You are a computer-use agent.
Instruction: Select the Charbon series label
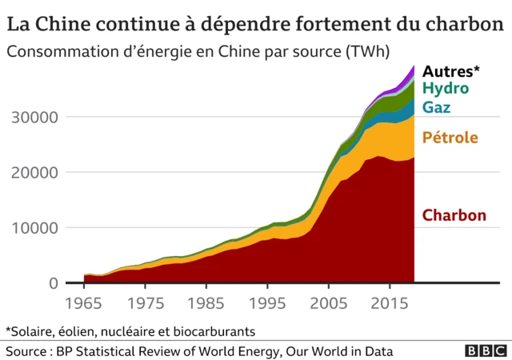pyautogui.click(x=454, y=215)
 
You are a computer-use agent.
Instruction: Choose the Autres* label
pyautogui.click(x=451, y=70)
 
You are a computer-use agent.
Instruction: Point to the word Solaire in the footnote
pyautogui.click(x=34, y=330)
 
